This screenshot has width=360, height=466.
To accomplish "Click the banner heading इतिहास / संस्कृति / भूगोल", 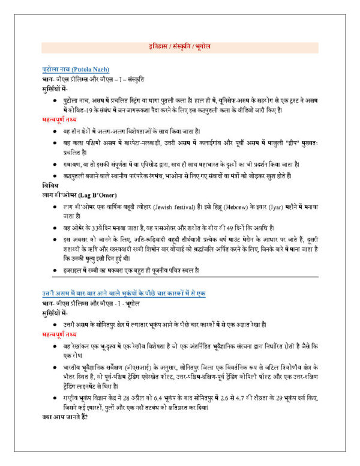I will pos(180,46).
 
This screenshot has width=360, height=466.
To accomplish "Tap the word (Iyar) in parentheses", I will pos(283,206).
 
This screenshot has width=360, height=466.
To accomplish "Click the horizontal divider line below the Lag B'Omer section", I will pos(180,277).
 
